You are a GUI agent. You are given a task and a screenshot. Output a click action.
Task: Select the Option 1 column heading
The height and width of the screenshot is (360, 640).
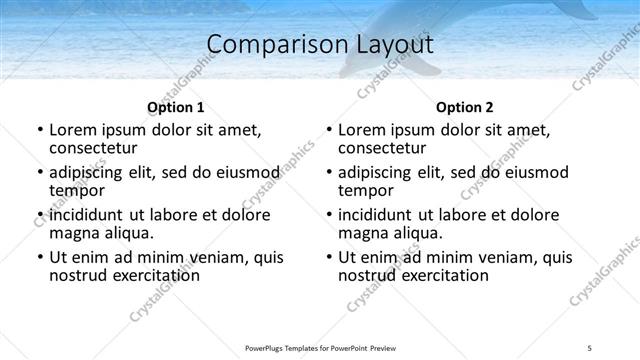coord(176,107)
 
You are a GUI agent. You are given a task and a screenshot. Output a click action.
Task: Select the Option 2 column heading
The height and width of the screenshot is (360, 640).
coord(465,107)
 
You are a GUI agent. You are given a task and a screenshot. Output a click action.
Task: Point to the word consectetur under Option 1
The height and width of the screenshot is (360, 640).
coord(98,148)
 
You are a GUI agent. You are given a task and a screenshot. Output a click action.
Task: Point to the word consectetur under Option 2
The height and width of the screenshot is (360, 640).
coord(387,148)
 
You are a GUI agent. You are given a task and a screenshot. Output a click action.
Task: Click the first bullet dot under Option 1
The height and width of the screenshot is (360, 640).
coord(39,130)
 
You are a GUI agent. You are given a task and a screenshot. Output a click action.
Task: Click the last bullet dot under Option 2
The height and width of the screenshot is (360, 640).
coord(328,258)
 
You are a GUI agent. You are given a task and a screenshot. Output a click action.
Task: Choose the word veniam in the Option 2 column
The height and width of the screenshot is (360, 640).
coord(492,257)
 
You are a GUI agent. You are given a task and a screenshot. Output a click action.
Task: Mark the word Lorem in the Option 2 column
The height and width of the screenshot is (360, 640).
coord(362,130)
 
